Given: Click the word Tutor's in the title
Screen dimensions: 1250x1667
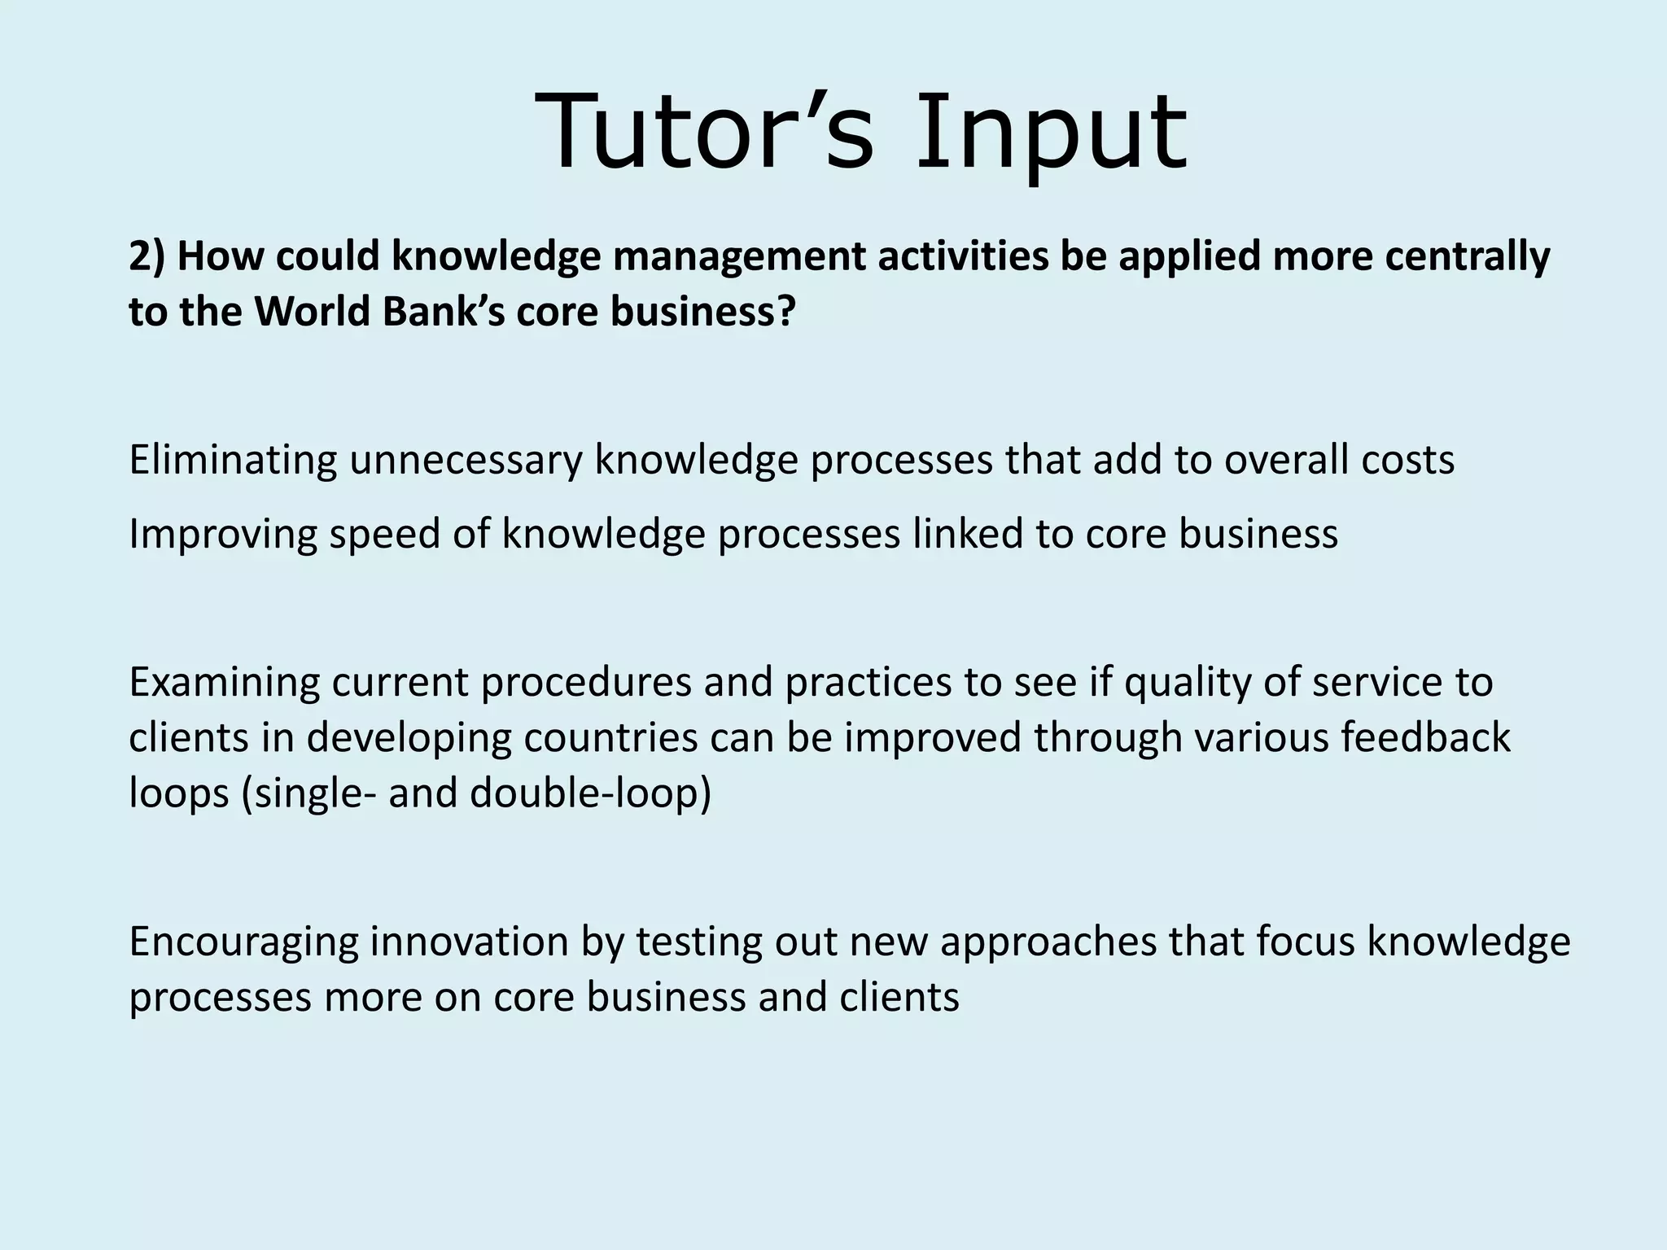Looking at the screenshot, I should tap(704, 133).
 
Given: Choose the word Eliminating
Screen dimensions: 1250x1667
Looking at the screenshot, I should tap(233, 460).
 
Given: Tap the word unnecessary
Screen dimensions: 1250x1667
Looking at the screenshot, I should tap(466, 460).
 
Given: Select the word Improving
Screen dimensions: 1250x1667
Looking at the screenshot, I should tap(222, 535).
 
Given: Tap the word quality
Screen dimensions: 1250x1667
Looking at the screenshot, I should tap(1187, 682).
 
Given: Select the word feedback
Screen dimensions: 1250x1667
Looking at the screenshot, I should tap(1425, 737).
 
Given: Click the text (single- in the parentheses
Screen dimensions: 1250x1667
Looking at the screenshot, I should tap(308, 793).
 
